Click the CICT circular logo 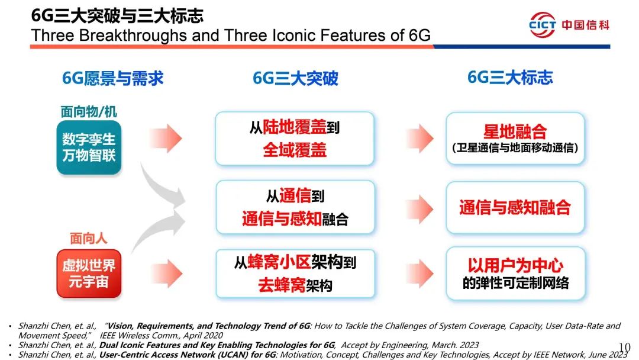click(542, 24)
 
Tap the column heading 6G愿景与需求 click(113, 78)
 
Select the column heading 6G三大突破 click(295, 78)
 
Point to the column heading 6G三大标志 click(510, 78)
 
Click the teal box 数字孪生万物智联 click(89, 147)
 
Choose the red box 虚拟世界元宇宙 click(89, 274)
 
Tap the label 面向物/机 click(89, 112)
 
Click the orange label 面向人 click(88, 239)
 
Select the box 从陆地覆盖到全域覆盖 click(295, 139)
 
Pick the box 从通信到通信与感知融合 click(295, 207)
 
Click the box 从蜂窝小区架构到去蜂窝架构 click(295, 274)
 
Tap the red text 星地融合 click(515, 131)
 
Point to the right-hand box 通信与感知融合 click(515, 207)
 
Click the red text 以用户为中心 click(515, 265)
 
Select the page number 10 click(624, 348)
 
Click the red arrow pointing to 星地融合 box click(419, 138)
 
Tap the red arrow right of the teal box click(166, 138)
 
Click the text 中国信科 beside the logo click(586, 25)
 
